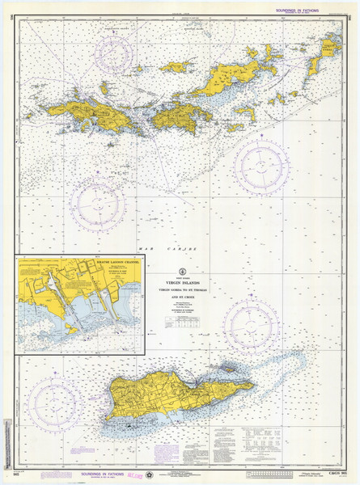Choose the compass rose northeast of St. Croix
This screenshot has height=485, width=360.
click(x=251, y=323)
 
